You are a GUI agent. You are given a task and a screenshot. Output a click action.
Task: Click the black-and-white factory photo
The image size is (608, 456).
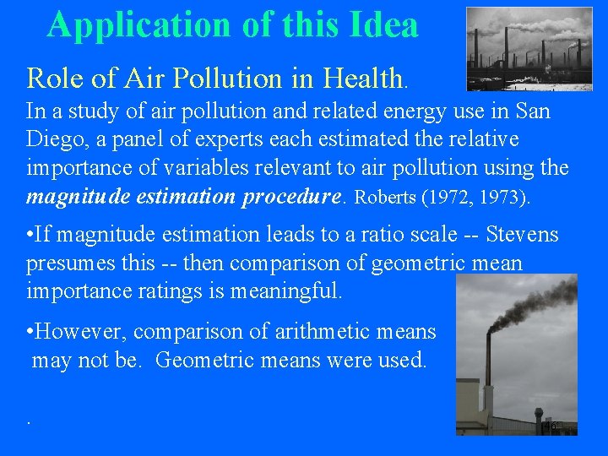click(529, 49)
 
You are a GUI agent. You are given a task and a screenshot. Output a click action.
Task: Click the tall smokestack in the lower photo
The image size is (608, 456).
click(488, 372)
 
